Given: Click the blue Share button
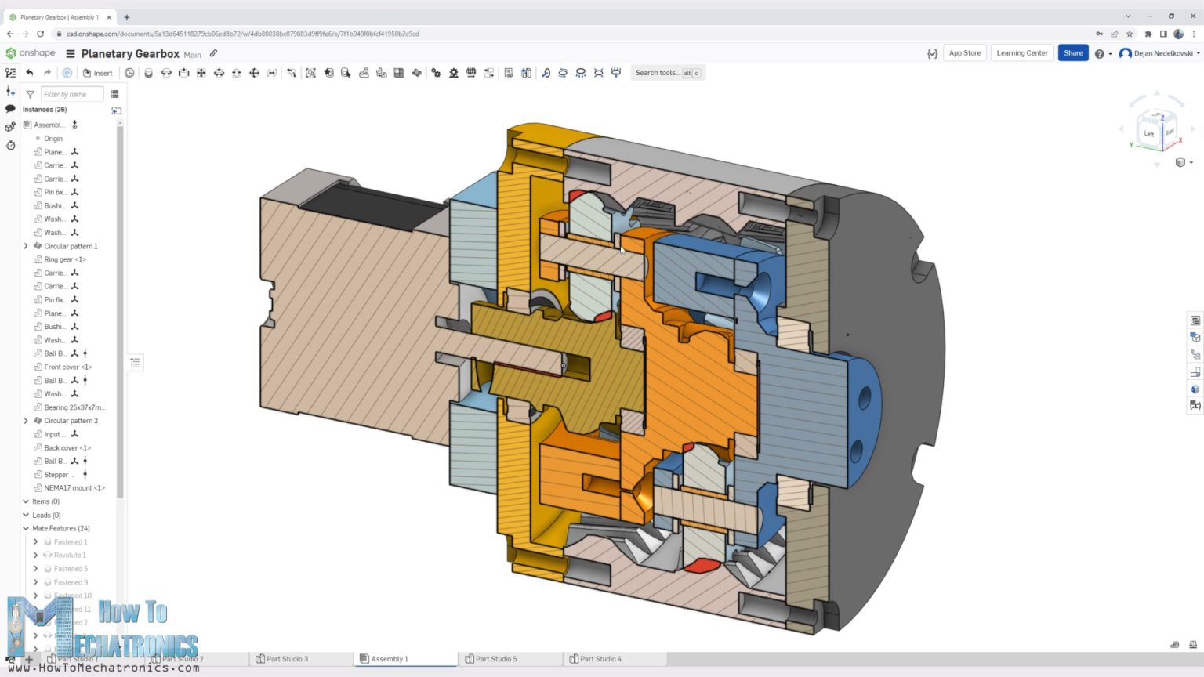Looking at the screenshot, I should [1072, 53].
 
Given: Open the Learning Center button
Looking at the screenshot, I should [1021, 53].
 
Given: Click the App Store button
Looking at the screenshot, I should [964, 53].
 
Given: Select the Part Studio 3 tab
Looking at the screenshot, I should [287, 659].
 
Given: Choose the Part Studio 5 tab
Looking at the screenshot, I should [495, 659].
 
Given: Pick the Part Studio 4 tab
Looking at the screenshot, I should [600, 659].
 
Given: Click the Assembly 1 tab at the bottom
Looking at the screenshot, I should [390, 659].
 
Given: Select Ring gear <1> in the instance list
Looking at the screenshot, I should [65, 259].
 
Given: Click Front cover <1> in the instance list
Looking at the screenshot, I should [68, 367].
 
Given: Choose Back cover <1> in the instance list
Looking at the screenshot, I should [67, 447].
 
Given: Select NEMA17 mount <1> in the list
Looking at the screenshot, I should [74, 488].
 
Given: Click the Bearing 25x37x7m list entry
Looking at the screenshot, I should [74, 407].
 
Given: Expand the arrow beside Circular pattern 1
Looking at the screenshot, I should [26, 246].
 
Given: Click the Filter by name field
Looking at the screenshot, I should [71, 94].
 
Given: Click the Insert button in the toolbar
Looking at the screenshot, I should [98, 73].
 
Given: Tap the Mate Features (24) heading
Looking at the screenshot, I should [60, 528].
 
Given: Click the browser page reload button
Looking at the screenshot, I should [40, 34].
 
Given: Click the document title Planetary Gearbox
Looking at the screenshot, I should [130, 54].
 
